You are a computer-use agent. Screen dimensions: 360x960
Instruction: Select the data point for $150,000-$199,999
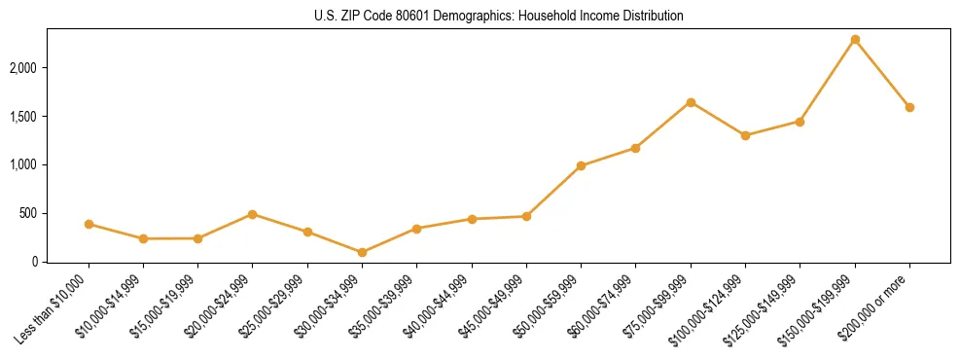click(x=855, y=40)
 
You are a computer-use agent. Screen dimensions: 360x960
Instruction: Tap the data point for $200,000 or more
click(x=909, y=107)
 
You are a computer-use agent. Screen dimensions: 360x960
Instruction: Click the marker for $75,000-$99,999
click(x=691, y=102)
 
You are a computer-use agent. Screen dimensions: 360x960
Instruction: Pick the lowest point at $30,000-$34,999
click(x=362, y=252)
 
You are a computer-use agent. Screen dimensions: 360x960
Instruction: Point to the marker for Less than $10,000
click(x=89, y=224)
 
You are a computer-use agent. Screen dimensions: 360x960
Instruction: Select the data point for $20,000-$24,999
click(x=253, y=214)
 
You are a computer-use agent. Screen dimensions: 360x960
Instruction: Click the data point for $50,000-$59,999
click(x=581, y=165)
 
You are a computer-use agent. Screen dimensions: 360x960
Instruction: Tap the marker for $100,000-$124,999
click(x=745, y=135)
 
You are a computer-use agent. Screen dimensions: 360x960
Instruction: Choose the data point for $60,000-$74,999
click(x=635, y=148)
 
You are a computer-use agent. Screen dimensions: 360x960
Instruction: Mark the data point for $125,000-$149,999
click(x=800, y=122)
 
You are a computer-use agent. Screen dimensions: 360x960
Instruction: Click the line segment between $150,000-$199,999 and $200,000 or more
click(x=882, y=74)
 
